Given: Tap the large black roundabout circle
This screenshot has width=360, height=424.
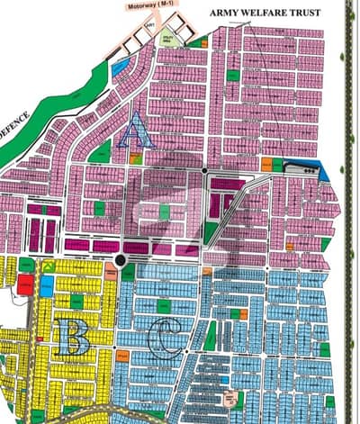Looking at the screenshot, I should pyautogui.click(x=120, y=261).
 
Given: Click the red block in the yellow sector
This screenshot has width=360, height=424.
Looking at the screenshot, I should pyautogui.click(x=25, y=284).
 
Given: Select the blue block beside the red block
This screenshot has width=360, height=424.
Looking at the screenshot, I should pyautogui.click(x=45, y=285).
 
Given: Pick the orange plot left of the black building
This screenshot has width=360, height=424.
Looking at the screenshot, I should pyautogui.click(x=266, y=165).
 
